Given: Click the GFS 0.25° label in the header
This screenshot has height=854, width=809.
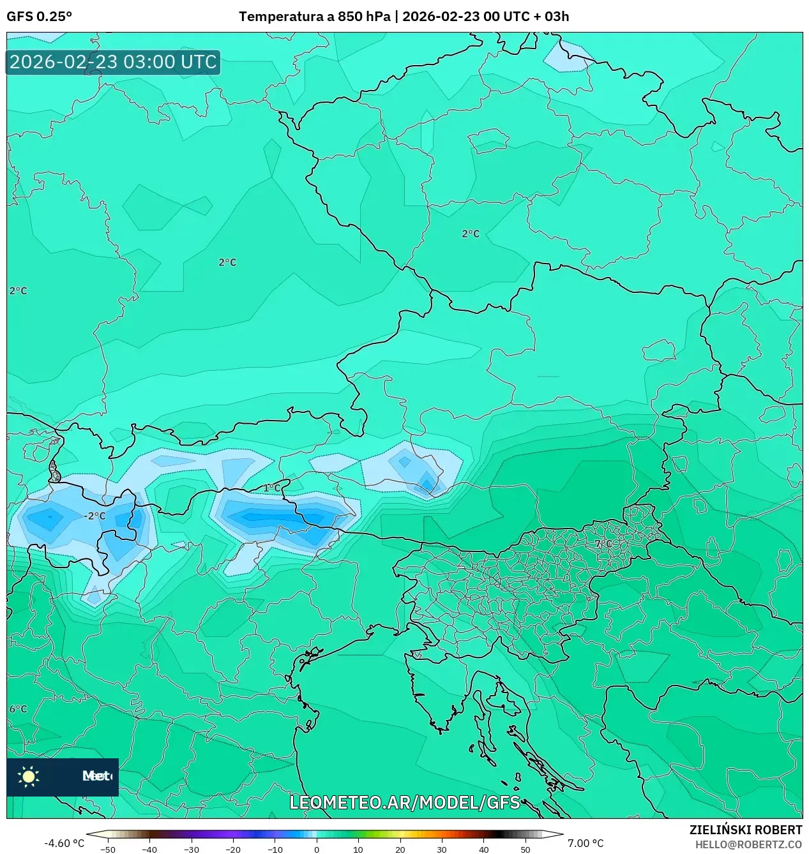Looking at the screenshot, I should click(39, 17).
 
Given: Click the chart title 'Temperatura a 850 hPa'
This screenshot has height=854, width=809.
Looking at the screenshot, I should click(314, 17).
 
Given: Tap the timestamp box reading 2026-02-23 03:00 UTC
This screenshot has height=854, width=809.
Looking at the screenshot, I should click(113, 62).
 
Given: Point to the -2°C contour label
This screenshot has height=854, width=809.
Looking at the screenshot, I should click(95, 516).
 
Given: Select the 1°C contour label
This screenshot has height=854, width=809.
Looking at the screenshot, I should click(272, 488).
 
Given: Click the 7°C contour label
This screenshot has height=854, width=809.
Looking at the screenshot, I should click(603, 544).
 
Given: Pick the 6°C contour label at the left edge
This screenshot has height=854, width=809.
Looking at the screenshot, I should click(18, 709).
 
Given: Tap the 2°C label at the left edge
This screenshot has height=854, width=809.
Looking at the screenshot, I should click(18, 291).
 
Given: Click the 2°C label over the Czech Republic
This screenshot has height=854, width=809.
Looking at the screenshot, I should click(471, 234).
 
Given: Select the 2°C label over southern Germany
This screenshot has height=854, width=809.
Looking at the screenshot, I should click(227, 262).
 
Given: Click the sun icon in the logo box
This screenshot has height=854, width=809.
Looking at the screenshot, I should click(29, 776).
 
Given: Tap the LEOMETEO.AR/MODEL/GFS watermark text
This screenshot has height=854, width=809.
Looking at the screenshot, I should click(404, 802).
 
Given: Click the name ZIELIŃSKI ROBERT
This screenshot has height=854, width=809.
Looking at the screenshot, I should click(745, 830).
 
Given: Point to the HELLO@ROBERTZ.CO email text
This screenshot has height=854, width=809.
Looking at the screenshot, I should click(748, 844).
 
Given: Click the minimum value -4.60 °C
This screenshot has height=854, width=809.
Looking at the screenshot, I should click(64, 843).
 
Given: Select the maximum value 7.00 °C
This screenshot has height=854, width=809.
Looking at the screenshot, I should click(585, 843).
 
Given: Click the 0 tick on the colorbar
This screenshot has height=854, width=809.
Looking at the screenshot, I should click(317, 849).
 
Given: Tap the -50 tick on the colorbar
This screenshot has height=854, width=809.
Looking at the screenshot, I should click(109, 849).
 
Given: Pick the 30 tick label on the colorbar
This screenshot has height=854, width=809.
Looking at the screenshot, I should click(442, 849).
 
